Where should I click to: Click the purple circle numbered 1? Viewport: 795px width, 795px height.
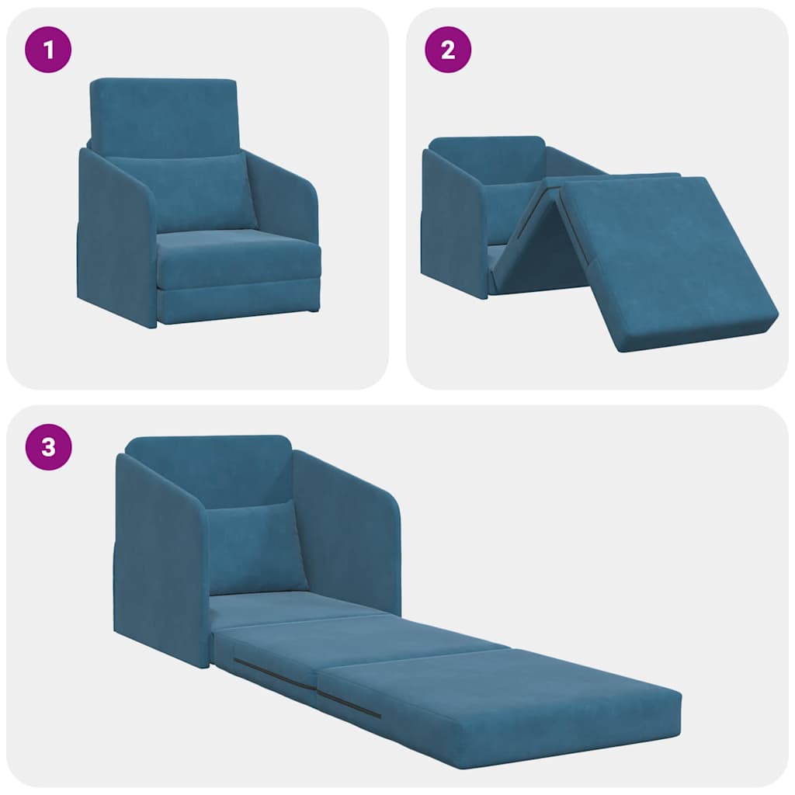coord(49,51)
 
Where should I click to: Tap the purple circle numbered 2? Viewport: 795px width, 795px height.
coord(448,51)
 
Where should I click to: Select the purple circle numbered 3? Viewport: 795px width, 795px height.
coord(49,448)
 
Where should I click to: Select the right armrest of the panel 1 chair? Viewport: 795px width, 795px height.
coord(286,202)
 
